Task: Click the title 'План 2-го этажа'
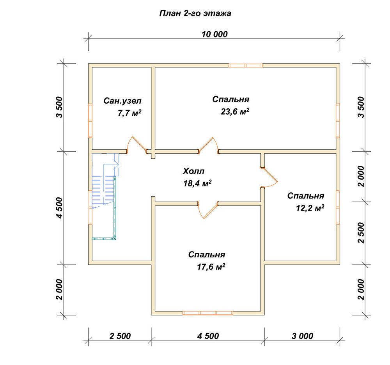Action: tap(195, 13)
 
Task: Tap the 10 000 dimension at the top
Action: tap(214, 34)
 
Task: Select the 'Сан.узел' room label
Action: tap(122, 101)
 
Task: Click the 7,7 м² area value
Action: tap(129, 113)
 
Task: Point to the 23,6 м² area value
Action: tap(235, 112)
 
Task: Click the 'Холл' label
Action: tap(193, 171)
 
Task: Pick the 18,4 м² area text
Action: tap(197, 183)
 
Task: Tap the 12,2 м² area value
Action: tap(310, 208)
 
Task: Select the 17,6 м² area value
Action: tap(211, 267)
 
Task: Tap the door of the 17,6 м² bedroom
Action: tap(208, 210)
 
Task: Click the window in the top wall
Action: tap(245, 66)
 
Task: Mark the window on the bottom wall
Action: tap(208, 313)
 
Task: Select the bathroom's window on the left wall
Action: tap(90, 120)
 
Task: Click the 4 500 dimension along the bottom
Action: tap(208, 336)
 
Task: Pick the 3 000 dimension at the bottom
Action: tap(302, 336)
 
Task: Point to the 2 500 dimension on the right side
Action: tap(361, 233)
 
